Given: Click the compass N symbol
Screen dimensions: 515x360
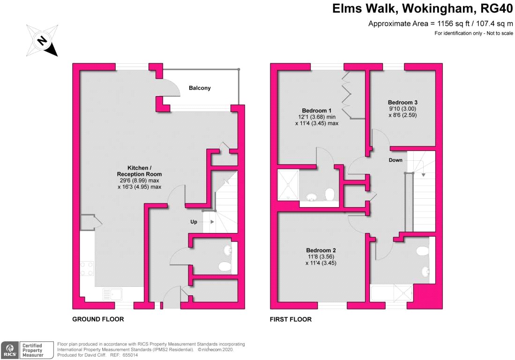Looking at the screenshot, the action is tap(42, 40).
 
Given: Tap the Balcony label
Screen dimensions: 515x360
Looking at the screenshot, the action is tap(200, 88).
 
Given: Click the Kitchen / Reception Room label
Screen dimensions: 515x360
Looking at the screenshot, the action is tap(139, 171).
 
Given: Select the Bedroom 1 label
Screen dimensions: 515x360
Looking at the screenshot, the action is tap(317, 111).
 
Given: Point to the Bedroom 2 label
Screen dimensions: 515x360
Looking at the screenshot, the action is tap(321, 250).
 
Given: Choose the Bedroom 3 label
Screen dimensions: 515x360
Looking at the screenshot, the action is tap(403, 103).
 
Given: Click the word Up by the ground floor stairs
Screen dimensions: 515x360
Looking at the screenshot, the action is tap(194, 222).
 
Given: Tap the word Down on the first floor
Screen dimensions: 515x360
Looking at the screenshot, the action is tap(396, 160).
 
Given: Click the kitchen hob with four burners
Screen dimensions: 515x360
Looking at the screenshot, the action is tap(87, 269).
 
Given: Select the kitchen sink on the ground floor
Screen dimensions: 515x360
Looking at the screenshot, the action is tap(112, 294).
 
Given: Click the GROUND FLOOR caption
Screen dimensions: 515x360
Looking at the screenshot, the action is tap(98, 319).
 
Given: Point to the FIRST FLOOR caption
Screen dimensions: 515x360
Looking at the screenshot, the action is tap(291, 319).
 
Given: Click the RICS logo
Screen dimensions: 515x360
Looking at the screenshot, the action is tap(10, 350).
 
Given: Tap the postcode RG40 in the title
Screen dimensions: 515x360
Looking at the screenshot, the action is tap(497, 8).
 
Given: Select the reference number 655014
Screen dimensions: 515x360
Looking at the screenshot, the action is tap(130, 355).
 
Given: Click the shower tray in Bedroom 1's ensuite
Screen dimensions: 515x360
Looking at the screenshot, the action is tap(288, 185).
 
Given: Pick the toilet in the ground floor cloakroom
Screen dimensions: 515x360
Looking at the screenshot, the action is tap(225, 266).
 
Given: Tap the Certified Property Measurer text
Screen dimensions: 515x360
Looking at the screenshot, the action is tap(32, 350).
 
